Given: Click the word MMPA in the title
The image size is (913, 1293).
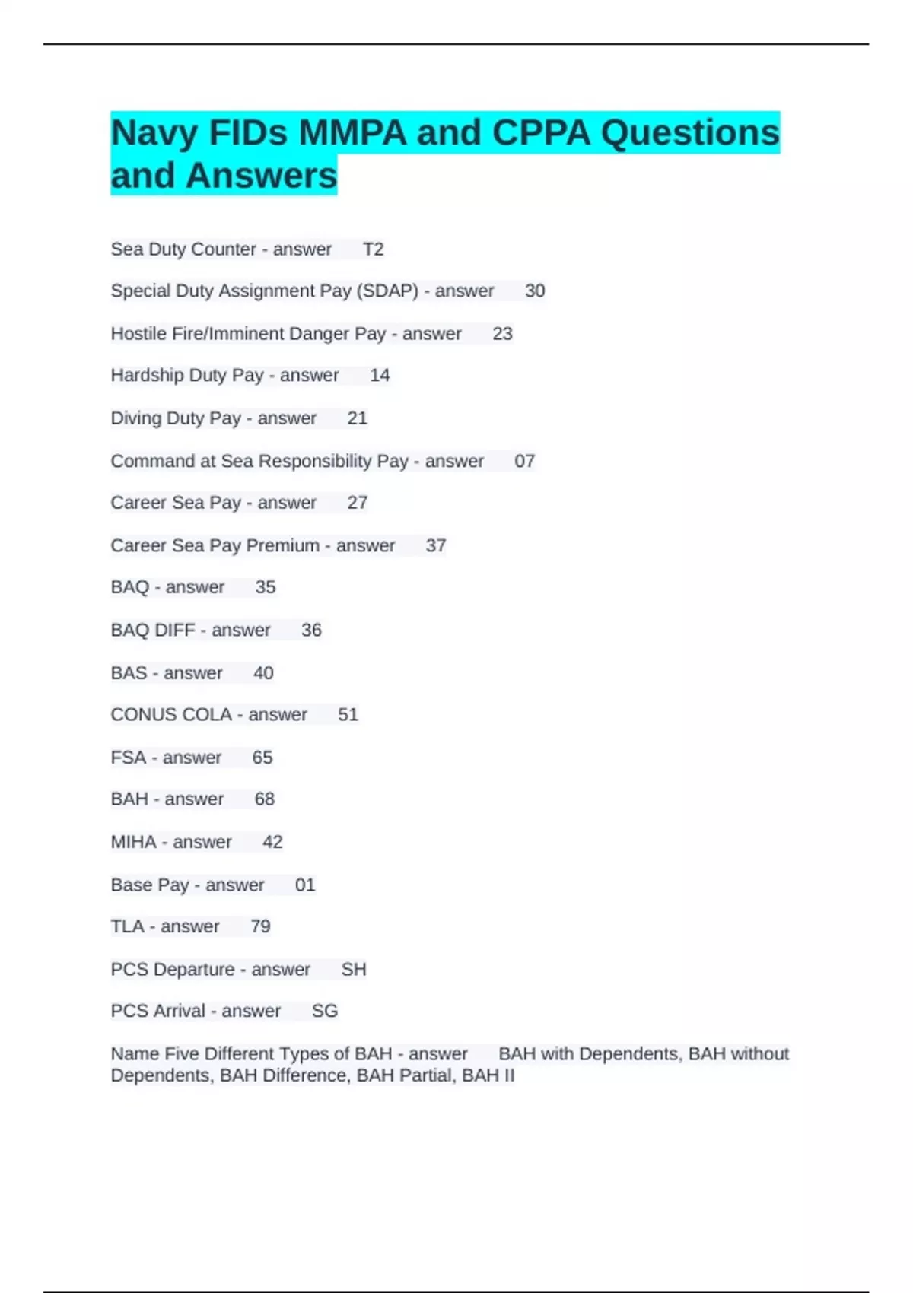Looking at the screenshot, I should tap(352, 133).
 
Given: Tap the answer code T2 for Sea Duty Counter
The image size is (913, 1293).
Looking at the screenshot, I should tap(373, 249).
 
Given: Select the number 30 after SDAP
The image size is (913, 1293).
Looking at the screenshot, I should tap(535, 291).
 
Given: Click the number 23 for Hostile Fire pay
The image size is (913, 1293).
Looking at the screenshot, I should tap(502, 334).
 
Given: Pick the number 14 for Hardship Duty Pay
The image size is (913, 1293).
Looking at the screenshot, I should tap(380, 375).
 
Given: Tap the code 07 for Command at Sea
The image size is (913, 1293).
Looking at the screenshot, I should tap(524, 461).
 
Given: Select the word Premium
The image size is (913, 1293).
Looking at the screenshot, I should tap(282, 545).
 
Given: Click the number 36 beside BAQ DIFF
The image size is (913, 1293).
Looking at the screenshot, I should tap(311, 630).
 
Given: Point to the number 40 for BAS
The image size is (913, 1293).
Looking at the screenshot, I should tap(263, 673).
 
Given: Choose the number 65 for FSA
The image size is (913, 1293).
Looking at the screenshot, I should tap(262, 758).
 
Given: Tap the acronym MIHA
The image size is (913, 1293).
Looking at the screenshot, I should tap(133, 842).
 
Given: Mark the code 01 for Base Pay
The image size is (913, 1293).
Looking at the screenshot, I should tap(304, 885).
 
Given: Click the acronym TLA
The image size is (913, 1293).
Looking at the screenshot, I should tap(127, 926).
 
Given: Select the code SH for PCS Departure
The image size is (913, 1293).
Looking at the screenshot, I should tap(354, 969).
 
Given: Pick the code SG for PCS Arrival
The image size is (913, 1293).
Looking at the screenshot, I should tap(325, 1011).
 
